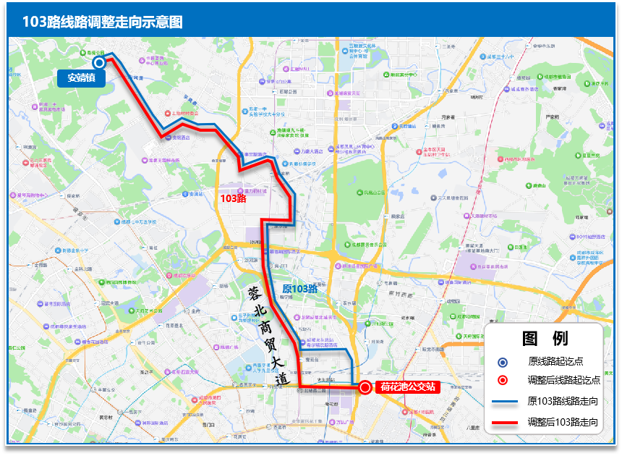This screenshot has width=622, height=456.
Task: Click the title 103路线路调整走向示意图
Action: pyautogui.click(x=102, y=21)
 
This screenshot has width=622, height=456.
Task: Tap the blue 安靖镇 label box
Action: pyautogui.click(x=81, y=78)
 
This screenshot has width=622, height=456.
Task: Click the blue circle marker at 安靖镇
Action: pyautogui.click(x=99, y=62)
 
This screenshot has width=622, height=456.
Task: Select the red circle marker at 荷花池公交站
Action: pyautogui.click(x=365, y=387)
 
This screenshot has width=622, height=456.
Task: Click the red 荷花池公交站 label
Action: pyautogui.click(x=409, y=387)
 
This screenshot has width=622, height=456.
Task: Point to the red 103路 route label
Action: pyautogui.click(x=233, y=198)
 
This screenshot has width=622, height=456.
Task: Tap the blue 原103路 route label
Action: pyautogui.click(x=299, y=289)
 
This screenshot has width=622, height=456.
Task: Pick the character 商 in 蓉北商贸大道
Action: pyautogui.click(x=263, y=326)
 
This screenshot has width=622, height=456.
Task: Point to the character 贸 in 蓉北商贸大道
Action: pyautogui.click(x=270, y=343)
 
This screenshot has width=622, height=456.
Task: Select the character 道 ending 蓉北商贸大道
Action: pyautogui.click(x=282, y=378)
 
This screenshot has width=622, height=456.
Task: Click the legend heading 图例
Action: pyautogui.click(x=545, y=338)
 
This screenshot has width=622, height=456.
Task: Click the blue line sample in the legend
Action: pyautogui.click(x=503, y=401)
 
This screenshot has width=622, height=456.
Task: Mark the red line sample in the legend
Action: pyautogui.click(x=503, y=421)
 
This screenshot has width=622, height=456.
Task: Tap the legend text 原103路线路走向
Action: pyautogui.click(x=563, y=401)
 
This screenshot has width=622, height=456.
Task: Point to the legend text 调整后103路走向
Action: pyautogui.click(x=563, y=421)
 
